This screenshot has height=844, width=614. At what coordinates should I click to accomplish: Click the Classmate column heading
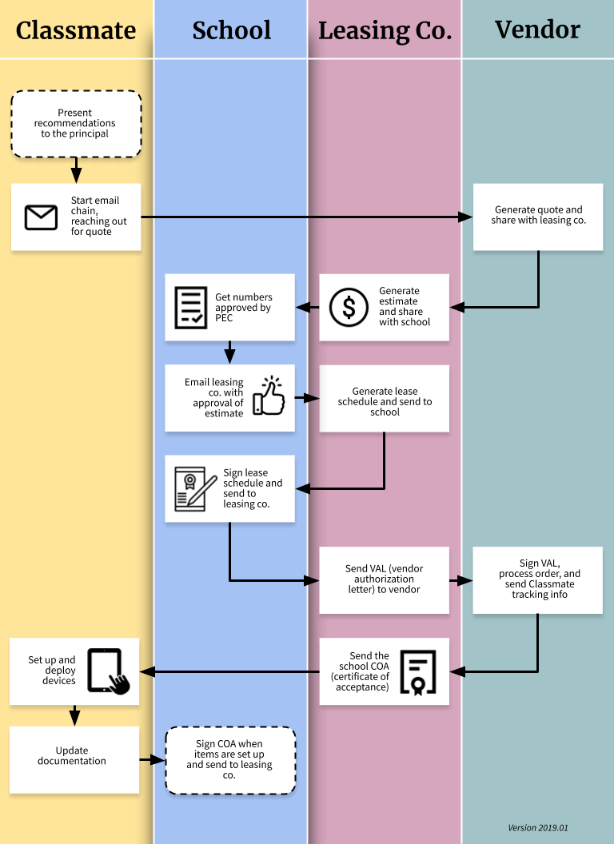(x=76, y=30)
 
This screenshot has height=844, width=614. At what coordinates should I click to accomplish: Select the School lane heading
(x=231, y=30)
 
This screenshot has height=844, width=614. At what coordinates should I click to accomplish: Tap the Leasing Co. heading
(x=385, y=30)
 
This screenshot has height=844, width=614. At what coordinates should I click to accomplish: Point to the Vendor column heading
(x=537, y=30)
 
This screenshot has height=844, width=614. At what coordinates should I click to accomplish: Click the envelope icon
(x=41, y=217)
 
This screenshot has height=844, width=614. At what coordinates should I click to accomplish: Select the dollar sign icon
(x=349, y=308)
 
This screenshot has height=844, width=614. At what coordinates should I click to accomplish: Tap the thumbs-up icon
(x=269, y=396)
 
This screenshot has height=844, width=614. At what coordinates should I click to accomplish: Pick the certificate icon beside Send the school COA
(x=418, y=671)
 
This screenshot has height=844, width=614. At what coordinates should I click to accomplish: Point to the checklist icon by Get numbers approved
(x=190, y=308)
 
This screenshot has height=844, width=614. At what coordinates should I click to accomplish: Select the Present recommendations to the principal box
(x=76, y=123)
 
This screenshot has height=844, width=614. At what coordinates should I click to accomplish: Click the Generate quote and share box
(x=537, y=216)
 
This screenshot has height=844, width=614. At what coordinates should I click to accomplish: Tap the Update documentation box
(x=74, y=756)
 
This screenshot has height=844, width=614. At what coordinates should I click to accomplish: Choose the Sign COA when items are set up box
(x=230, y=760)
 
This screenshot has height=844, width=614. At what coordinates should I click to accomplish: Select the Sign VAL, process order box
(x=537, y=579)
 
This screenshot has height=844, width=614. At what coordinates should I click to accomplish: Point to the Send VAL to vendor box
(x=385, y=579)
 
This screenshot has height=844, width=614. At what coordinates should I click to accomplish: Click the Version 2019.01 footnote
(x=538, y=828)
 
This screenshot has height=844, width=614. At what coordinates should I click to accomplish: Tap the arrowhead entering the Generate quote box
(x=466, y=217)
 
